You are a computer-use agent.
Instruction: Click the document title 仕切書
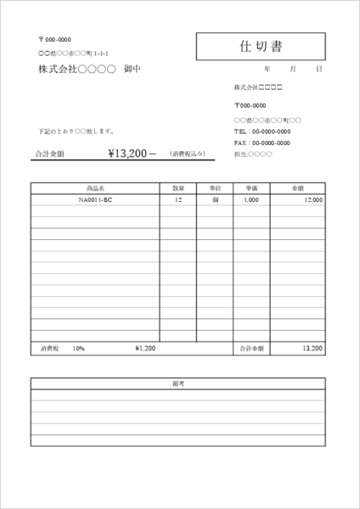(x=260, y=45)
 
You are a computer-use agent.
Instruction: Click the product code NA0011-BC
(x=95, y=200)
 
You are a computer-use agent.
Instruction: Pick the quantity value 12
(x=178, y=200)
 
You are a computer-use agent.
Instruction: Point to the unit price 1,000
(x=251, y=200)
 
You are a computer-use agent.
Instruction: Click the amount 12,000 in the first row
(x=312, y=200)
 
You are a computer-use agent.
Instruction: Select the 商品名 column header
(x=95, y=187)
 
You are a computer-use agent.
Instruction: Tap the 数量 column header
(x=178, y=187)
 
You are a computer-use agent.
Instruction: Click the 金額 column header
(x=298, y=187)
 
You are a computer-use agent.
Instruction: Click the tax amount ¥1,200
(x=145, y=348)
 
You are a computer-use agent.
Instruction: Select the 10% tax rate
(x=78, y=348)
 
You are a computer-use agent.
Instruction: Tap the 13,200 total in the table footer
(x=312, y=348)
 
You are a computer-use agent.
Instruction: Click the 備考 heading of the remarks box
(x=178, y=384)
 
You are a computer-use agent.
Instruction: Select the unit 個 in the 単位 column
(x=215, y=200)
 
